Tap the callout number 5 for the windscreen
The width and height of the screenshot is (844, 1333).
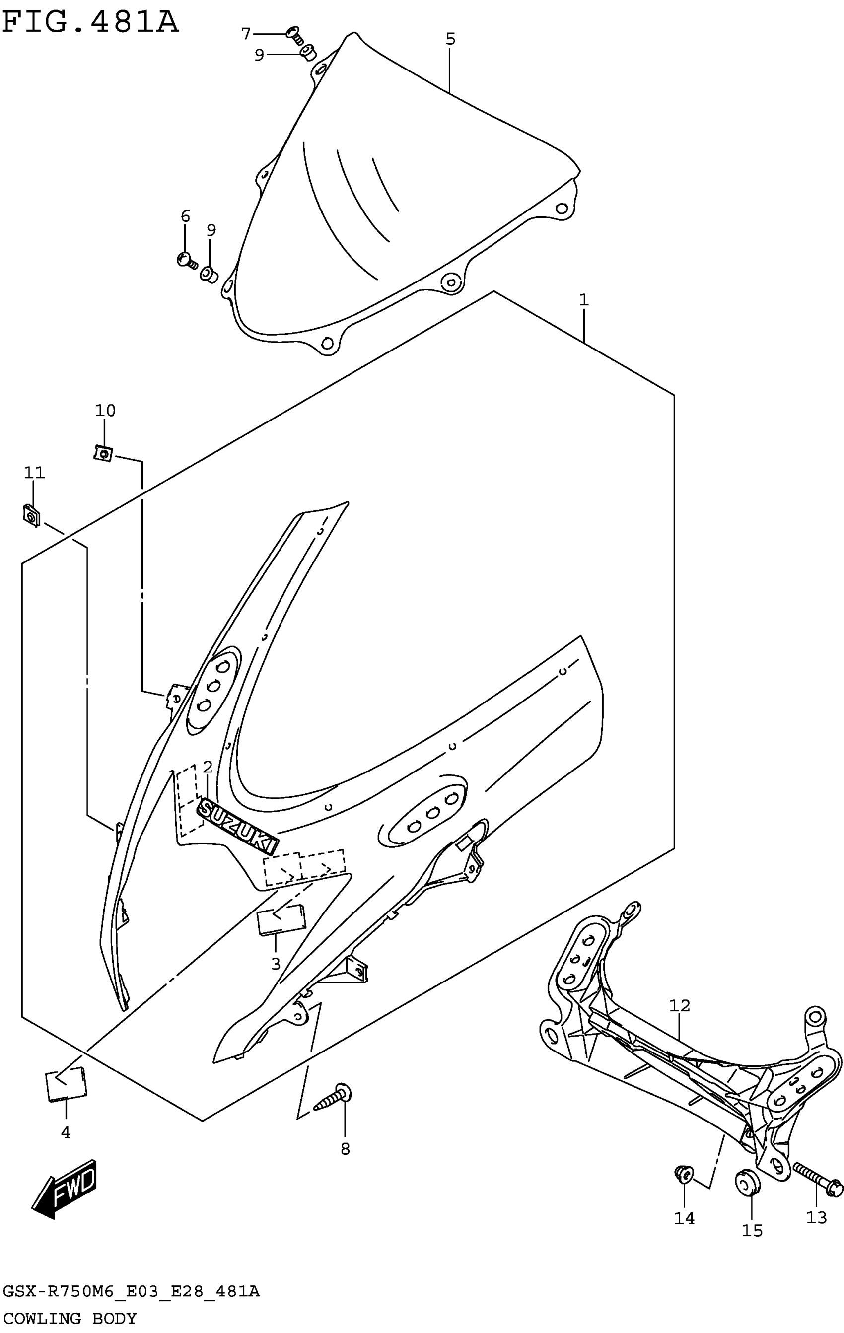coord(450,39)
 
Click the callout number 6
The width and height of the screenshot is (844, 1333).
coord(185,216)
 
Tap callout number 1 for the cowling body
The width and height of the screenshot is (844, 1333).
coord(583,300)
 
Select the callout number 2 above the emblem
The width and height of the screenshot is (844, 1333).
coord(208,767)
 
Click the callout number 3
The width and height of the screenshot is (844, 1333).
coord(276,964)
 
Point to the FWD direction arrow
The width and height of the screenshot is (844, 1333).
coord(66,1189)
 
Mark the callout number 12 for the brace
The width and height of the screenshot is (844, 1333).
coord(679,1005)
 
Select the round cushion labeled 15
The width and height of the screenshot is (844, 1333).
coord(747,1183)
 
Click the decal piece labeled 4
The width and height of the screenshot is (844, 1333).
coord(66,1083)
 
